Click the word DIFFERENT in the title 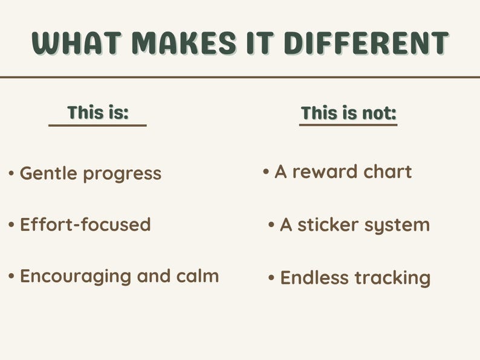[x=366, y=43]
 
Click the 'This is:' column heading [x=98, y=112]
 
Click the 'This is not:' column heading [x=348, y=113]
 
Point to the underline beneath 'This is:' [x=98, y=126]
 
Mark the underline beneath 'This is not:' [x=348, y=125]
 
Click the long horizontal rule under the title [x=240, y=77]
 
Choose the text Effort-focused [x=85, y=225]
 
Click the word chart [x=388, y=172]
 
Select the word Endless [x=315, y=278]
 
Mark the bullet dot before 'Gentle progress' [x=11, y=174]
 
